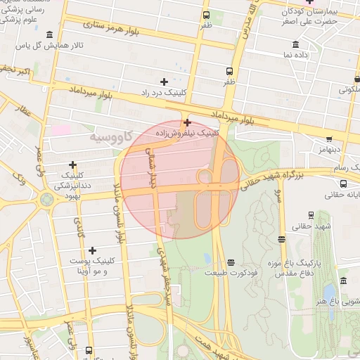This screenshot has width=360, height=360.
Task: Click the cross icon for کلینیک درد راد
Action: click(165, 82)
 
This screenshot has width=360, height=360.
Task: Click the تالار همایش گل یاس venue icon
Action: click(49, 35)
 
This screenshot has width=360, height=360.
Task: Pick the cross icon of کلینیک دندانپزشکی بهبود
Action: click(72, 165)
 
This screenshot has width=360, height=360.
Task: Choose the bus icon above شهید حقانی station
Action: click(282, 239)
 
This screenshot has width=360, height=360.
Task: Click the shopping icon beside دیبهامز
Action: click(329, 139)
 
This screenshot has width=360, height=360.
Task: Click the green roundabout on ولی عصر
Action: click(47, 199)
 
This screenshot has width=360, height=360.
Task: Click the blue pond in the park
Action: click(329, 291)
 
